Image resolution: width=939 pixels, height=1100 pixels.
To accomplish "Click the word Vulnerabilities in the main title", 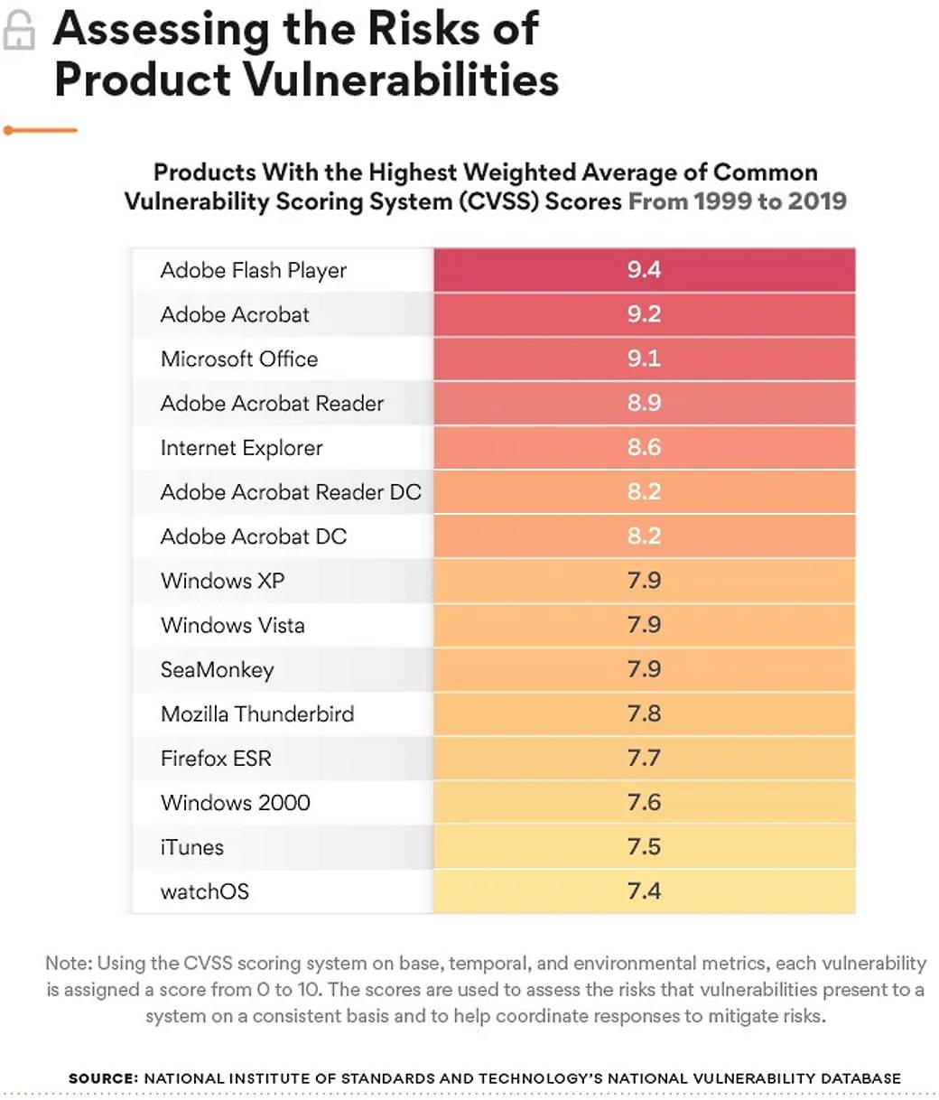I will [402, 79].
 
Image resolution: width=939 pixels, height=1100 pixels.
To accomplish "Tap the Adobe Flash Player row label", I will [253, 270].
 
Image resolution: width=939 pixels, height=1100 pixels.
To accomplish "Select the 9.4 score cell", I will [644, 270].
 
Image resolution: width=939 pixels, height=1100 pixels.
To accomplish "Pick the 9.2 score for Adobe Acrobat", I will [644, 314].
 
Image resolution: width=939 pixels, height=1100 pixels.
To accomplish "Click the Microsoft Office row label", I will [239, 359].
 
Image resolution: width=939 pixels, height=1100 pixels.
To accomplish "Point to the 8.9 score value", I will [644, 403].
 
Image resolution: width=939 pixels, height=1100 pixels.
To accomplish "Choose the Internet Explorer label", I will [241, 448].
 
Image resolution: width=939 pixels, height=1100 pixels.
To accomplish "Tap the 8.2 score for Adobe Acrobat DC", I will [644, 536].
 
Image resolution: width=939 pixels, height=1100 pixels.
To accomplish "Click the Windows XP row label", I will [222, 581].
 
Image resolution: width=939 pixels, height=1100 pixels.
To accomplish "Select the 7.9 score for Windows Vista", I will [644, 625].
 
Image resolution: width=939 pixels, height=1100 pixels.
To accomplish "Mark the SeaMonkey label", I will [217, 670].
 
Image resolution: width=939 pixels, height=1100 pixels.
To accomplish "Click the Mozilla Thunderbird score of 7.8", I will [644, 713].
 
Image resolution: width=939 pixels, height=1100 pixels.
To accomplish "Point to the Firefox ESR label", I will [216, 759].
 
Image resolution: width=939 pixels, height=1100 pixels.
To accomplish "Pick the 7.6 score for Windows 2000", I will [644, 802].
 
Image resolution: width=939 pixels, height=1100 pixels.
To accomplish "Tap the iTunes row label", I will [191, 847].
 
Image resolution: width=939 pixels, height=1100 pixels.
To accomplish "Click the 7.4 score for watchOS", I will [644, 891].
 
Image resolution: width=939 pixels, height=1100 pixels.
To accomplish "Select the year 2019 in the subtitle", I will [817, 200].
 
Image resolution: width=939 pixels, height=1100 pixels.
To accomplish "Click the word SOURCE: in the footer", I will [103, 1077].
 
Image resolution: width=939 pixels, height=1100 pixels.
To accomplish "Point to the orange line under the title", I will [41, 130].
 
